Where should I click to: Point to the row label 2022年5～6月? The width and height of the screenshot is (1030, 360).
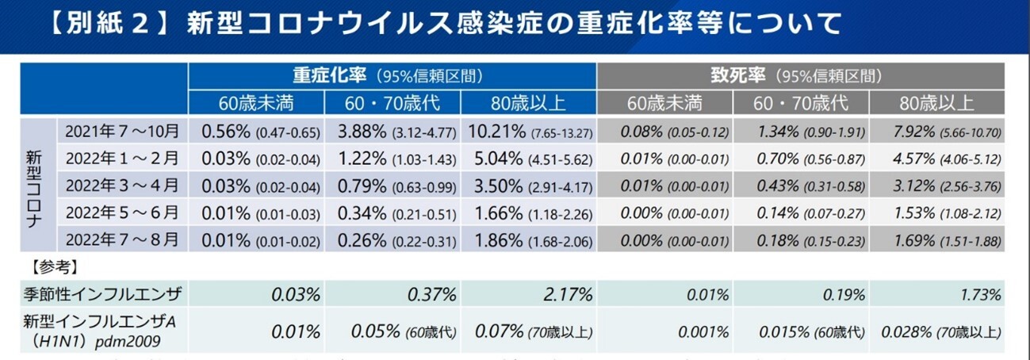[123, 213]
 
